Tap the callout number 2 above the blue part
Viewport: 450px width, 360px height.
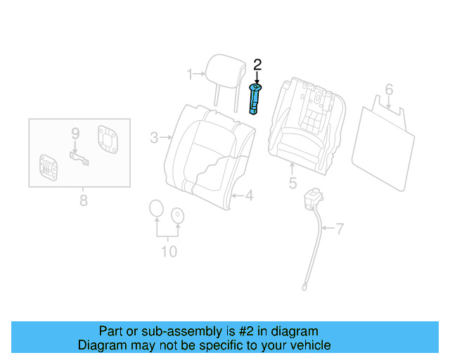[x=257, y=65]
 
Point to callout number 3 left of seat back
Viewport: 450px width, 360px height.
[x=154, y=138]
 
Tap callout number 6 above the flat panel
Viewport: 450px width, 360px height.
[x=388, y=89]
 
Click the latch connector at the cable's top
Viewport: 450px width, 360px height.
[x=310, y=199]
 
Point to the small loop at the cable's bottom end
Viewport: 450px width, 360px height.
[x=304, y=285]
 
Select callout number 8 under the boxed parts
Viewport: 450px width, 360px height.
[x=83, y=201]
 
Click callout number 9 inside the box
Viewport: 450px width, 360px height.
[x=75, y=131]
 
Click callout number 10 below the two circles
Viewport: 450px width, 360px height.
[x=169, y=251]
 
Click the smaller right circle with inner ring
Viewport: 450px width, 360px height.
[x=177, y=214]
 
